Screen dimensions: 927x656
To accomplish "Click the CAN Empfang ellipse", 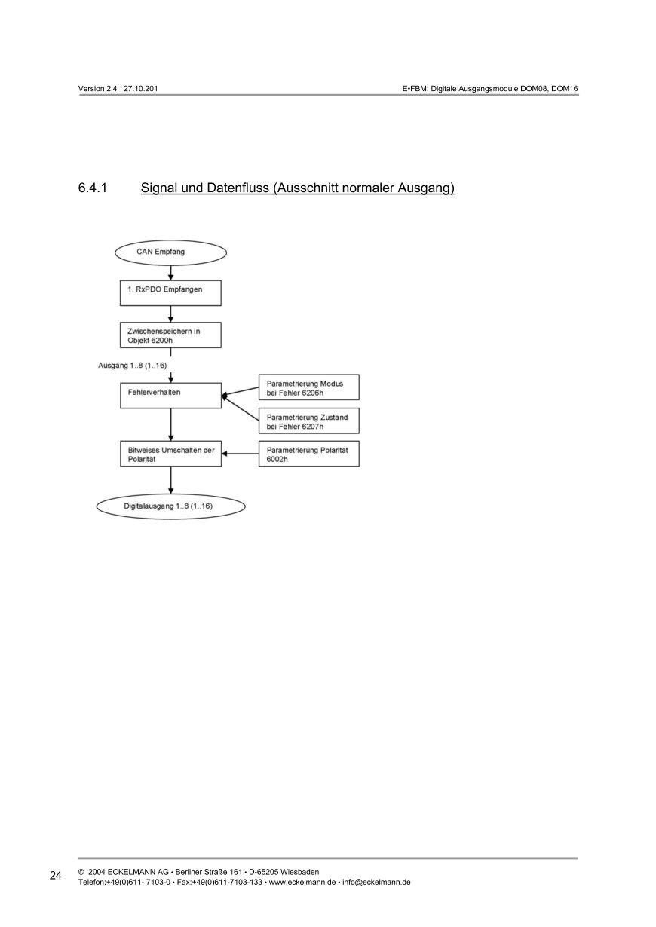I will pyautogui.click(x=170, y=252).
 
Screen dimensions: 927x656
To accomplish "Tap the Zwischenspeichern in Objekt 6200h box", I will pyautogui.click(x=170, y=335).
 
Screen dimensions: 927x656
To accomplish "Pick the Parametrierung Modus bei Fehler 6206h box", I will pyautogui.click(x=308, y=387).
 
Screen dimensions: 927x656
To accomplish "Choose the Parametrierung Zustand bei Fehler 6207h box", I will pyautogui.click(x=308, y=421).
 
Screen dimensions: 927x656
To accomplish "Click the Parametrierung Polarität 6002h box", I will pyautogui.click(x=308, y=454).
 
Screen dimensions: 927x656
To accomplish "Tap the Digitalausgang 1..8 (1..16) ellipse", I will pyautogui.click(x=170, y=506).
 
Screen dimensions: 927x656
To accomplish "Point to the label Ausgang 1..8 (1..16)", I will pyautogui.click(x=132, y=365).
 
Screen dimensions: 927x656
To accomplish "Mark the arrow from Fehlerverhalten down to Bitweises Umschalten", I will pyautogui.click(x=171, y=424).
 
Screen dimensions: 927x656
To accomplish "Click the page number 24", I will pyautogui.click(x=56, y=876).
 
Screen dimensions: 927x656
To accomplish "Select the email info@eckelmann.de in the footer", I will pyautogui.click(x=376, y=882).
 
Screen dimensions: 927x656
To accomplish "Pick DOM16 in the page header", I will pyautogui.click(x=564, y=89).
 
